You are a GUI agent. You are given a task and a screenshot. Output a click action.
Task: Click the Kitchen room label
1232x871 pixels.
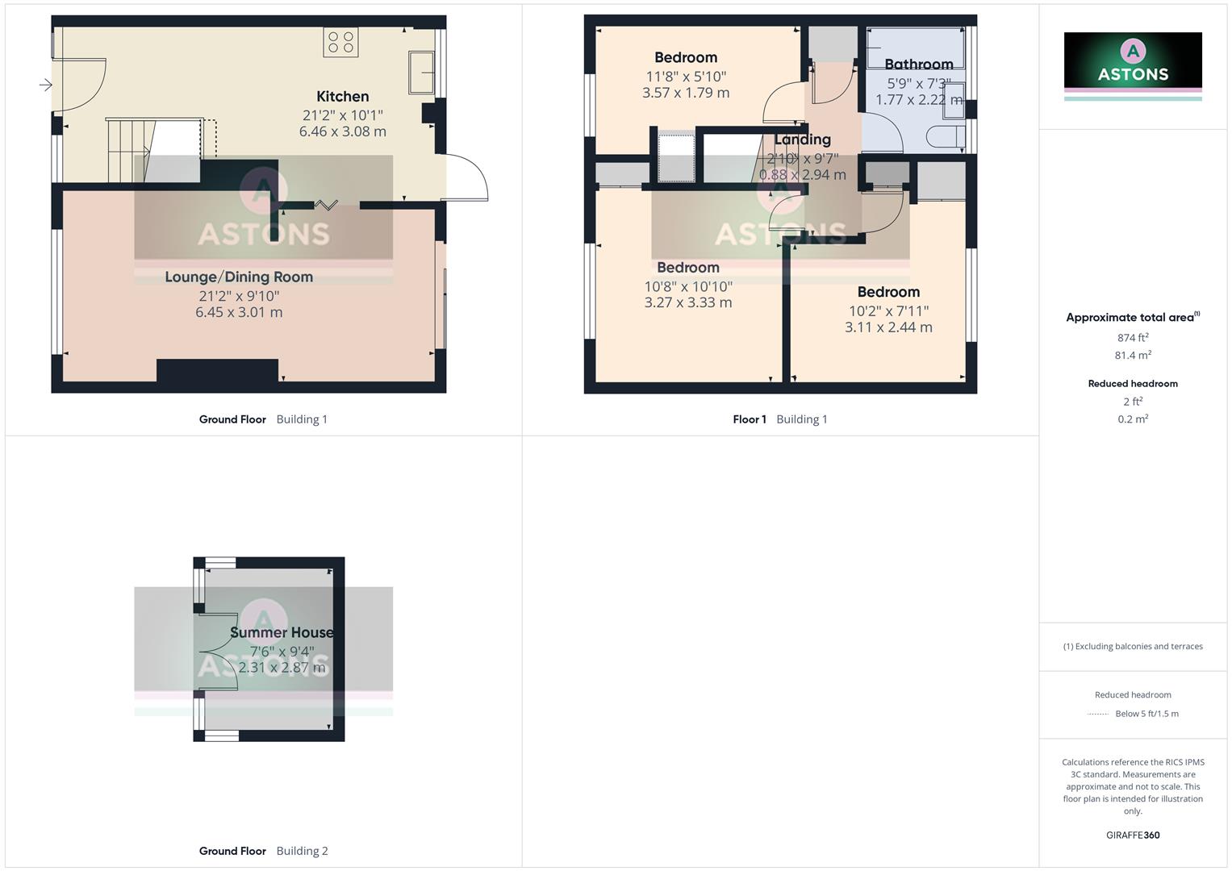[342, 97]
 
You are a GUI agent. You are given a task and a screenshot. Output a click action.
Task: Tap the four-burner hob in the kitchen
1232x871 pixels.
[340, 42]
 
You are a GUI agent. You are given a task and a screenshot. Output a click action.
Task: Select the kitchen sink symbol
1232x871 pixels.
[421, 73]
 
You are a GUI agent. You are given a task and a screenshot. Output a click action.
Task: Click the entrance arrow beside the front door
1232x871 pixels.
[45, 84]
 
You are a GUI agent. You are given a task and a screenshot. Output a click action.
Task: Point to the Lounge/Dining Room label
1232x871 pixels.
[239, 277]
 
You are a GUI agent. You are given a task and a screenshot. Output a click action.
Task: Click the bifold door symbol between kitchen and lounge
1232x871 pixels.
[326, 205]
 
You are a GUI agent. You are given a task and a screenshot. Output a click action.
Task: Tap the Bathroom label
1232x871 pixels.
[918, 65]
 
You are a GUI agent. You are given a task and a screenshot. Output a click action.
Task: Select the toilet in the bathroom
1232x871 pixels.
[944, 137]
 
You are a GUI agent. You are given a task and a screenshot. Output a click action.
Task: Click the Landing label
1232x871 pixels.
[802, 140]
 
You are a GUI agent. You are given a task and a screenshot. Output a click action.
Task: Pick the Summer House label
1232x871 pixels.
[282, 632]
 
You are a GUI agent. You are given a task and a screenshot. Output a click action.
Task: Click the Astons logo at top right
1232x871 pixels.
[1133, 61]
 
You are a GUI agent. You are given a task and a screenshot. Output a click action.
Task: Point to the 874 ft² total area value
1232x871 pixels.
[1133, 338]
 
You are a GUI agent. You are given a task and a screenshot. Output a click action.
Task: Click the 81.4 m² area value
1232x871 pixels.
[1133, 355]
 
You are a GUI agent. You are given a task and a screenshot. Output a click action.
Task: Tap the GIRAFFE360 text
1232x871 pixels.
[1133, 835]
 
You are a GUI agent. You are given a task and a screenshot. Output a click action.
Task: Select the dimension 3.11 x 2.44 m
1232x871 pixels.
[888, 327]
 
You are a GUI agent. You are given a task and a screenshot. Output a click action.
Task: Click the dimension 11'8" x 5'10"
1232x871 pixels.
[686, 77]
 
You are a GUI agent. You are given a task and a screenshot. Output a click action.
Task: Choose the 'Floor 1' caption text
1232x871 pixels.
[750, 419]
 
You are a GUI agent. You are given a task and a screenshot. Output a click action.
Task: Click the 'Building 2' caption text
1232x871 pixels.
[302, 851]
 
